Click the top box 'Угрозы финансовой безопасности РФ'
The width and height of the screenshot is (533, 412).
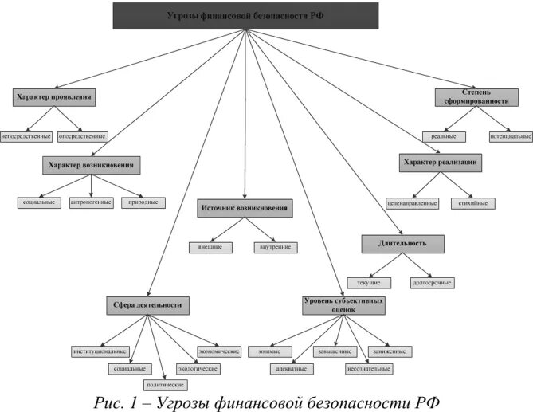pos(245,16)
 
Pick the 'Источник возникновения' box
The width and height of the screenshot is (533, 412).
pos(244,208)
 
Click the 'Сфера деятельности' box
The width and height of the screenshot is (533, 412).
pos(148,304)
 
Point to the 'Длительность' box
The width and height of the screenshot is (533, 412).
pos(402,244)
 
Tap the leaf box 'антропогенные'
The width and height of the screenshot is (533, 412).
pos(89,202)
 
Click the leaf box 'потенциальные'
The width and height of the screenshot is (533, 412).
pos(511,136)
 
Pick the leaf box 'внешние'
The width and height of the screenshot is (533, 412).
pos(210,247)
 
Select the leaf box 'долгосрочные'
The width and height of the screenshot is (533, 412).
pos(433,282)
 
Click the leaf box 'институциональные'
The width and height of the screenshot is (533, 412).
pos(99,351)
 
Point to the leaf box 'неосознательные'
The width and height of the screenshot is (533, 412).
pos(368,369)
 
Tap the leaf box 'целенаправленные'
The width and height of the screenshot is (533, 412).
pos(411,203)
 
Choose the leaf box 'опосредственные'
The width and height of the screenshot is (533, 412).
pos(81,136)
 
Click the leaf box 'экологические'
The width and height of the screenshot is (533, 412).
pos(197,369)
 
